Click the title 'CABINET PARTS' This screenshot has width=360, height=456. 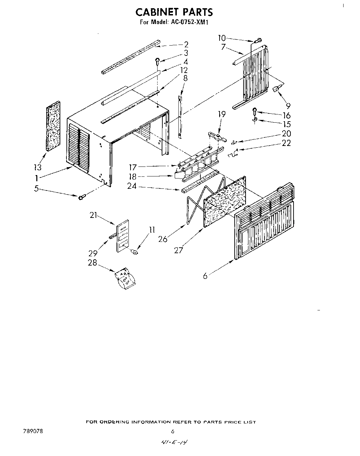[x=174, y=12]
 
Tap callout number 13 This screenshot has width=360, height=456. [x=38, y=167]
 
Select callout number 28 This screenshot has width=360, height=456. [x=92, y=263]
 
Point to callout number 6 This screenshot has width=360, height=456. [x=205, y=275]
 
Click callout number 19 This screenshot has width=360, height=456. [x=222, y=114]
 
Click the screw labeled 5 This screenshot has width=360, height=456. [x=82, y=197]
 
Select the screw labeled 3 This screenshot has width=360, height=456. [x=158, y=61]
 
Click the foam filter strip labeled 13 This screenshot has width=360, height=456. [x=53, y=126]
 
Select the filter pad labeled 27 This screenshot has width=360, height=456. [x=224, y=202]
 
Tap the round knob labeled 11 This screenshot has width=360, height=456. [x=135, y=252]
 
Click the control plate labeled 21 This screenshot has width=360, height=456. [x=123, y=236]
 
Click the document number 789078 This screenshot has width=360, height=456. [x=34, y=431]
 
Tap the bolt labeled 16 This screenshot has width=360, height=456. [x=255, y=111]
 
